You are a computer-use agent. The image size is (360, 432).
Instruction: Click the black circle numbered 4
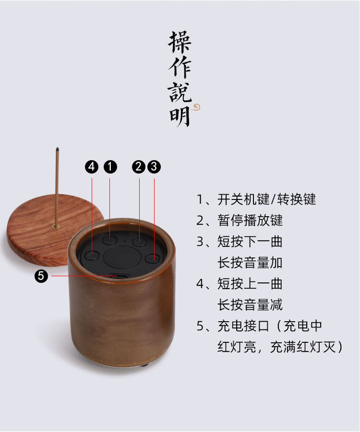(x=92, y=167)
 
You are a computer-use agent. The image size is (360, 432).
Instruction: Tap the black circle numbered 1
(x=110, y=167)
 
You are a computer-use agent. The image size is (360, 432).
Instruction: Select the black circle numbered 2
(x=139, y=167)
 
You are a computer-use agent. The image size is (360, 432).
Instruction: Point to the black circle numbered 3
(x=154, y=167)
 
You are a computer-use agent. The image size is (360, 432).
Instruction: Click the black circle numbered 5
(x=41, y=276)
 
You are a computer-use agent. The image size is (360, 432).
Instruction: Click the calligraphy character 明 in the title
(x=180, y=116)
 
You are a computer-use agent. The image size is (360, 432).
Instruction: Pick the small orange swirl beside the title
(x=196, y=107)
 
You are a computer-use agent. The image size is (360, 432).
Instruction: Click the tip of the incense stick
(x=57, y=149)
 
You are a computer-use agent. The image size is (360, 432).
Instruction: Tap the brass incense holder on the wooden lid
(x=56, y=227)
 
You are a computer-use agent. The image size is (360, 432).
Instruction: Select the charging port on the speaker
(x=119, y=276)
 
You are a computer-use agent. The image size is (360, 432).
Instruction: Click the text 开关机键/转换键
(x=266, y=199)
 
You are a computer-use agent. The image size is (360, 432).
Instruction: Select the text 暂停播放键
(x=250, y=220)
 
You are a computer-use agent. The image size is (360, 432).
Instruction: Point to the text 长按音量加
(x=250, y=263)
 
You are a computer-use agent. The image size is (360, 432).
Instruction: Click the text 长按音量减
(x=250, y=305)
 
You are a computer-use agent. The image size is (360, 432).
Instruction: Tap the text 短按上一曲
(x=250, y=284)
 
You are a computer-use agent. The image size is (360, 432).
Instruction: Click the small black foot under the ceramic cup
(x=144, y=365)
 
